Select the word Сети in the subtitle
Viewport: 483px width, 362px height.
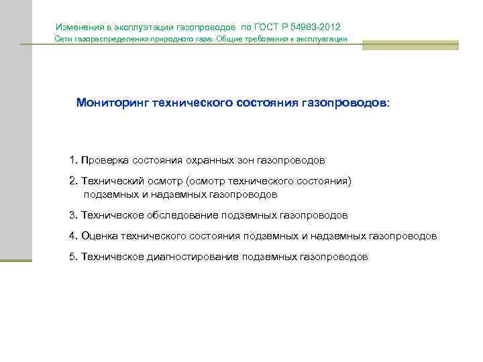pos(62,40)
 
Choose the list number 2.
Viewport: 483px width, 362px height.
pos(72,181)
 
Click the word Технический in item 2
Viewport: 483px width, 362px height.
pos(107,181)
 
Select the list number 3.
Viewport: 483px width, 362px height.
pos(72,216)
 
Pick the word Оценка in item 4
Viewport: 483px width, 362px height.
pos(98,236)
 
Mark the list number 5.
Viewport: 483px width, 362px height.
pos(72,257)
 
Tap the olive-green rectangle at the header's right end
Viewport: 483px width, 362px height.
pos(410,45)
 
